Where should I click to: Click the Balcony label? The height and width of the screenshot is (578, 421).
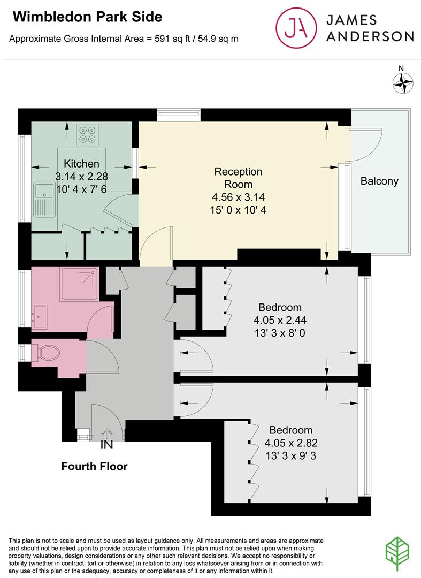click(379, 181)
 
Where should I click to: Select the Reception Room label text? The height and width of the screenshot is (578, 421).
click(238, 178)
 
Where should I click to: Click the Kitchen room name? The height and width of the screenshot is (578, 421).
click(81, 164)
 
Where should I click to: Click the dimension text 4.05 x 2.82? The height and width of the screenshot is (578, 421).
click(290, 443)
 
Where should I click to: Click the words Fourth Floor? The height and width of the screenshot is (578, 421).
click(94, 467)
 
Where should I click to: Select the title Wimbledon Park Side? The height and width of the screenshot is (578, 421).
click(87, 17)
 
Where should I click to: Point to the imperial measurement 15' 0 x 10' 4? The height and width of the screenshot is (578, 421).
click(239, 210)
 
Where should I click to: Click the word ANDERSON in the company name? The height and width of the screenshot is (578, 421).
click(370, 36)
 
